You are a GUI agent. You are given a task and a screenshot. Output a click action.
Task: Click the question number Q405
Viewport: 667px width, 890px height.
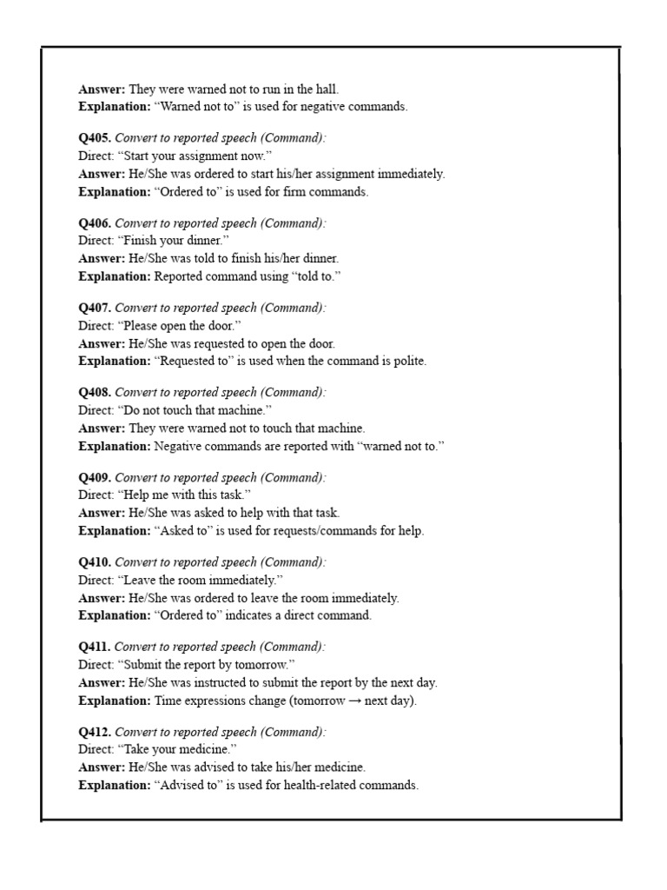click(x=94, y=138)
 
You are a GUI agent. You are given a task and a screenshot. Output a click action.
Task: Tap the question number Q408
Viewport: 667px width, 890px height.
click(x=94, y=393)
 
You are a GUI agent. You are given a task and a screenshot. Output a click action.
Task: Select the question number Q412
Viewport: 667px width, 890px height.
click(x=94, y=732)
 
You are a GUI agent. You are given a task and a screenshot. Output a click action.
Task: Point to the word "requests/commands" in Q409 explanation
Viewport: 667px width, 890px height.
click(x=315, y=530)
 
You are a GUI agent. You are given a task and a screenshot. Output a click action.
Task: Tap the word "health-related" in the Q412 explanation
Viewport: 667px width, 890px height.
click(x=307, y=785)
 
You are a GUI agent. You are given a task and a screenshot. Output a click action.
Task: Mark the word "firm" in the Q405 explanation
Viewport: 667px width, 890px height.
click(x=285, y=191)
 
